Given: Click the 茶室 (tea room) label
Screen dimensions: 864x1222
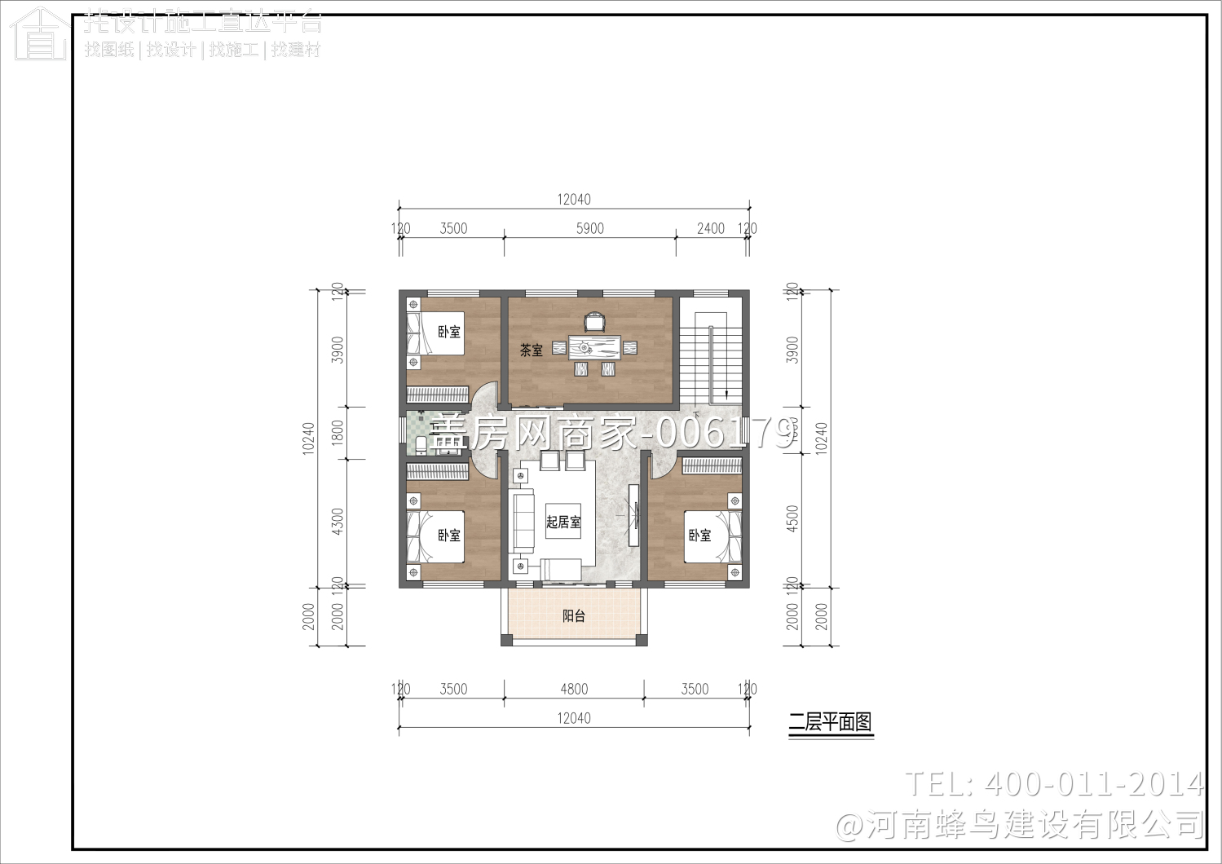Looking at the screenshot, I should tap(532, 350).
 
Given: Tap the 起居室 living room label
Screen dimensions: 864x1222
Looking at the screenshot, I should tap(563, 522).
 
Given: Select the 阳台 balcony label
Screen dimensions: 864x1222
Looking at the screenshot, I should tap(574, 616).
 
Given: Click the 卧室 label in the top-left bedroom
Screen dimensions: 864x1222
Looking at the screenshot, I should tap(449, 332).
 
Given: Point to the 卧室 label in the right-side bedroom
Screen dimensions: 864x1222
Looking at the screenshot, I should tap(699, 536).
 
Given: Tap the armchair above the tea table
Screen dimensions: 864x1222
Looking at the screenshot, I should tap(594, 323).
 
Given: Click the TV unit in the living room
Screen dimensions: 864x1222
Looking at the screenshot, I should tap(633, 515).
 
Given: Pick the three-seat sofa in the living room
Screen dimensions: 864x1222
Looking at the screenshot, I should tap(522, 522).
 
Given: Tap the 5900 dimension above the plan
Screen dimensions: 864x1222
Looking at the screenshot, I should tap(589, 229).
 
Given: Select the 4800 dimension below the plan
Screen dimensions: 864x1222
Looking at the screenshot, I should tap(574, 690).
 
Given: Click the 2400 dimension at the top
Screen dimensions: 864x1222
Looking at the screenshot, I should tap(710, 229).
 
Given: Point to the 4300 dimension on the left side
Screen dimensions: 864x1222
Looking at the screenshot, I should tap(338, 522).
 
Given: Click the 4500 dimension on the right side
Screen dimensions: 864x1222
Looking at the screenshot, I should tap(792, 519).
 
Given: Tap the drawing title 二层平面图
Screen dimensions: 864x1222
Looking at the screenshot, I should tap(830, 722).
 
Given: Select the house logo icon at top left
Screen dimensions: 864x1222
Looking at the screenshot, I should tap(38, 33).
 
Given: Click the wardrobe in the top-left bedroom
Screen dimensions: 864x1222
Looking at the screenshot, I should tap(438, 395).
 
